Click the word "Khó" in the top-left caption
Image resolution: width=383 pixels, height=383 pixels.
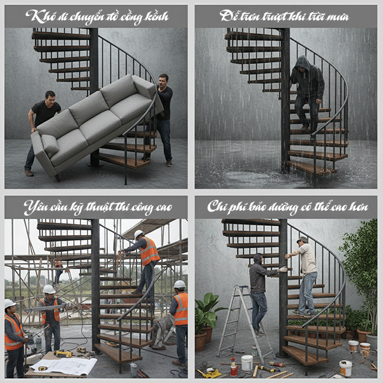[39, 16]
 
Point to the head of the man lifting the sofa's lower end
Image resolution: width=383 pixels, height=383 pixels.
[49, 97]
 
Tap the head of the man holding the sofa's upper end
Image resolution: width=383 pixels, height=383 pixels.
[163, 80]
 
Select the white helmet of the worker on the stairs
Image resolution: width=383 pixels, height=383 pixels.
[139, 234]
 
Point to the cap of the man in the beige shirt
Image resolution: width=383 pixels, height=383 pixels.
[302, 240]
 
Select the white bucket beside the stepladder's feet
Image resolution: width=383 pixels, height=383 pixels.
[246, 362]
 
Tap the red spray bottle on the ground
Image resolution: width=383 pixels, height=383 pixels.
[234, 368]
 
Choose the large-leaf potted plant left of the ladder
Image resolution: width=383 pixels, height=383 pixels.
[206, 316]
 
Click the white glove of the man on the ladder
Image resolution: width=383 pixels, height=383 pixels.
[283, 269]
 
